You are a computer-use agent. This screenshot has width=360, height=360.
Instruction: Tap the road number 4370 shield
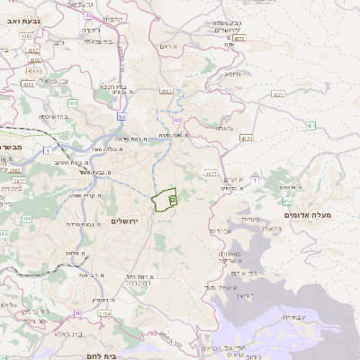pos(247,139)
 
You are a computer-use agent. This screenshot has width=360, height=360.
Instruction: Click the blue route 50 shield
pos(121,118)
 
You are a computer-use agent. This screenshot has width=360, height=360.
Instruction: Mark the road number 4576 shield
pos(238,40)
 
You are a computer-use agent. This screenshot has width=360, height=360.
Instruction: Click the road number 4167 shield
pos(167,90)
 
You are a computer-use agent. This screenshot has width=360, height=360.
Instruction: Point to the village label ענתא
pos(225,128)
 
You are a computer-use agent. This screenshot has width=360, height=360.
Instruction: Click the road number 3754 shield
pos(103,313)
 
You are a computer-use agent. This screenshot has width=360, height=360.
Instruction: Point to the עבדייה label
pos(300,317)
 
